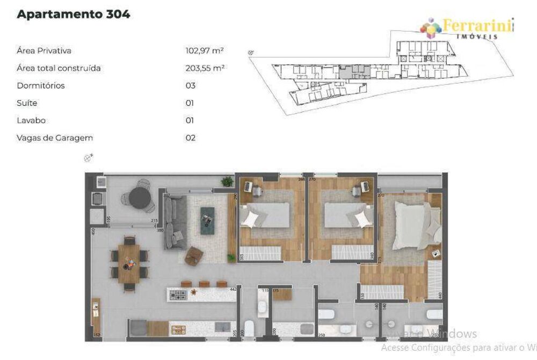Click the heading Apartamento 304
74,14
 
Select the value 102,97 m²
204,51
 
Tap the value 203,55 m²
204,68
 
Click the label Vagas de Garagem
55,138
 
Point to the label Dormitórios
41,86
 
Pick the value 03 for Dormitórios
190,86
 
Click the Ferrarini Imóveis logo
467,28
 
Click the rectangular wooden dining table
129,263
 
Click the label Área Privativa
44,51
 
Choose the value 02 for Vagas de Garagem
190,138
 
